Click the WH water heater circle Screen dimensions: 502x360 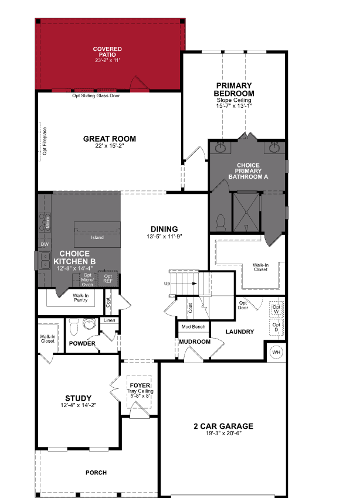276,353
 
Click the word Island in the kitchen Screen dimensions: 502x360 97,237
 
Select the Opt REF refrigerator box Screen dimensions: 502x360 108,278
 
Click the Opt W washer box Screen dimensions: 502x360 277,309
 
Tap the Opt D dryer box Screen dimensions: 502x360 277,327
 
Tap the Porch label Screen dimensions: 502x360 96,472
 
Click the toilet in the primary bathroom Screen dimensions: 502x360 220,222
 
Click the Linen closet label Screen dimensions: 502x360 110,320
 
